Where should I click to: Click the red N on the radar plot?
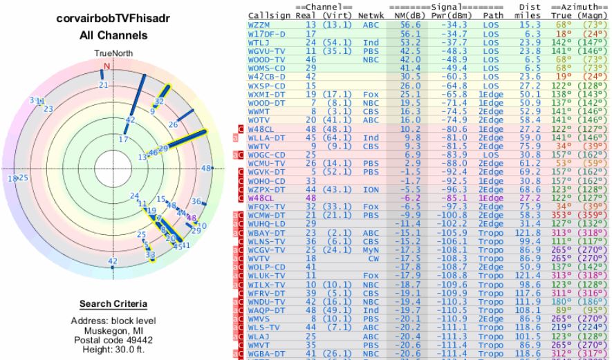[x=106, y=66]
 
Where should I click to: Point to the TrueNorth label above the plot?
[x=106, y=53]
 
